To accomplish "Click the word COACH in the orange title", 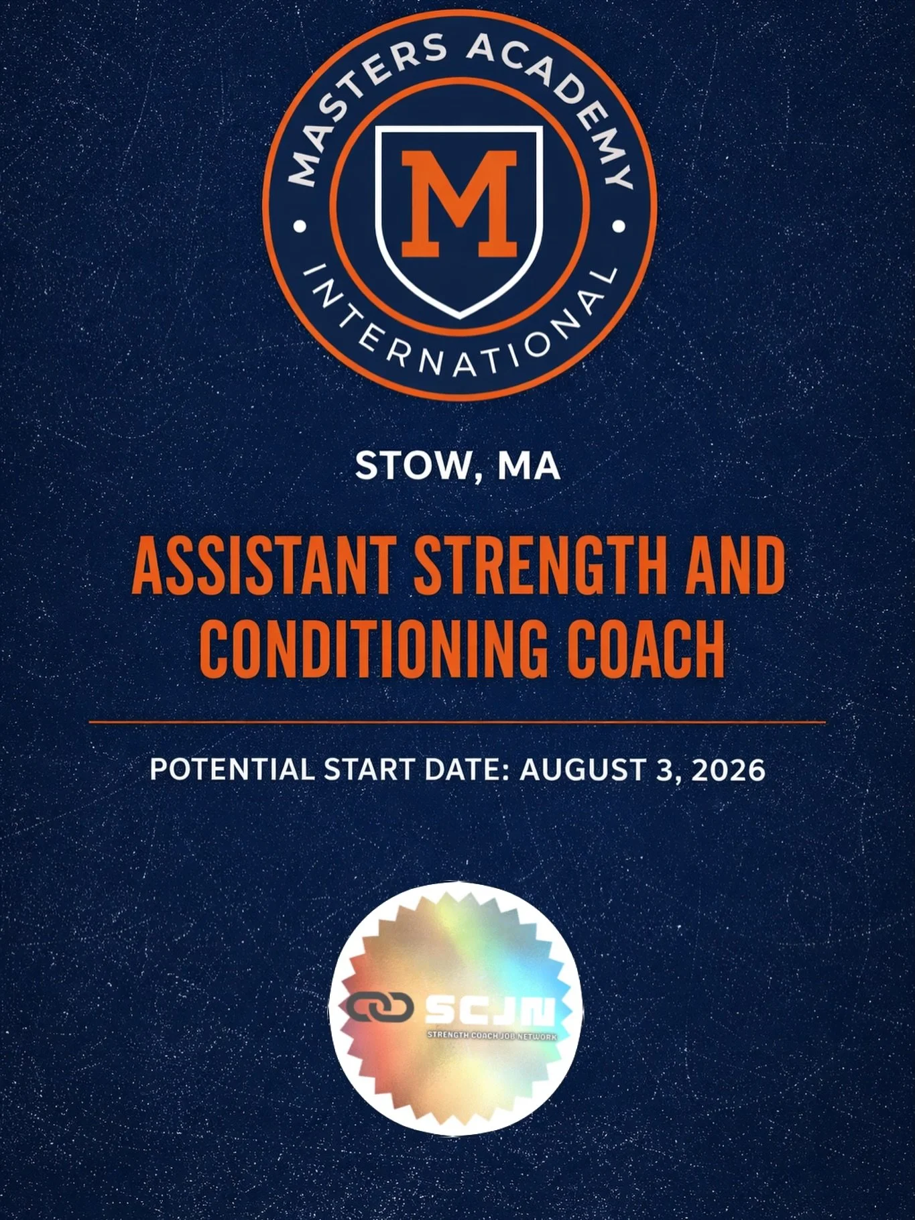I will click(646, 648).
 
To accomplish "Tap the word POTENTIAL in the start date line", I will click(231, 769).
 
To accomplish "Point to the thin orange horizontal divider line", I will click(457, 723).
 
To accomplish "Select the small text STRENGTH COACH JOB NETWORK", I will click(492, 1036).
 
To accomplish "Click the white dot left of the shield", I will click(300, 227).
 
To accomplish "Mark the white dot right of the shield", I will click(619, 227).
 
